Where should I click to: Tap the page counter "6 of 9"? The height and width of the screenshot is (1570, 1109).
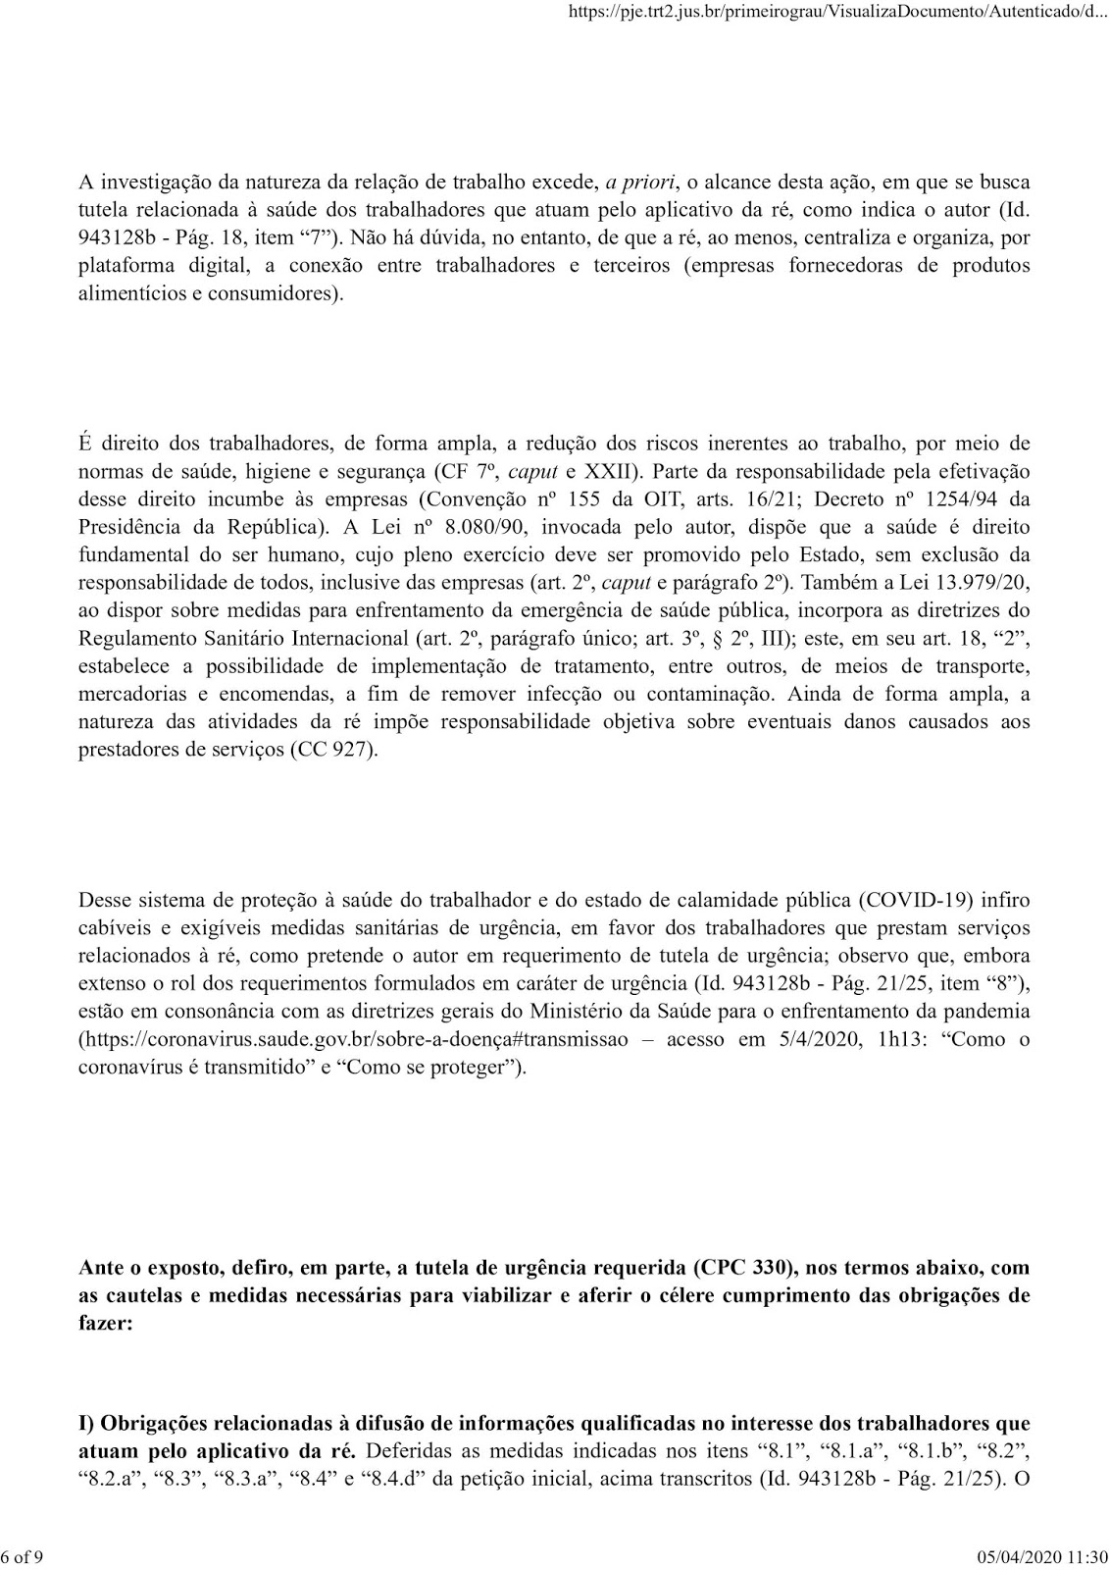[x=23, y=1556]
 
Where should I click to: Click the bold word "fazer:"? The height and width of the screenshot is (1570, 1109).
[x=103, y=1322]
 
